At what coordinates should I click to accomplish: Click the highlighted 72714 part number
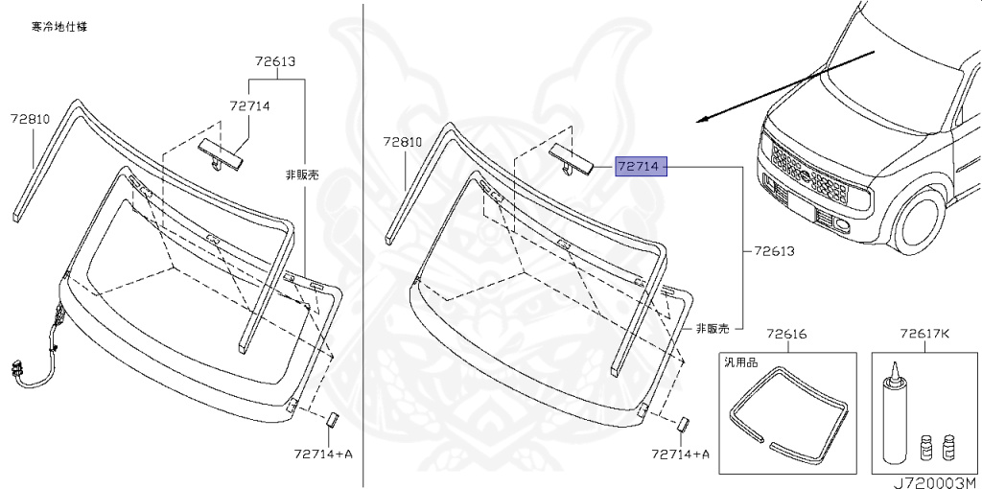pyautogui.click(x=639, y=166)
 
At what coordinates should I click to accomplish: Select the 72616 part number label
pyautogui.click(x=786, y=335)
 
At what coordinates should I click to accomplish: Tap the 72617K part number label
pyautogui.click(x=924, y=335)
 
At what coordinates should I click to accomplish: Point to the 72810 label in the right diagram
pyautogui.click(x=403, y=141)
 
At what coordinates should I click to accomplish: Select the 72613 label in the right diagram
pyautogui.click(x=774, y=251)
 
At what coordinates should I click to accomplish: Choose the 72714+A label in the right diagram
pyautogui.click(x=680, y=454)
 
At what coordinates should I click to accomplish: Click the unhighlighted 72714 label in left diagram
pyautogui.click(x=249, y=105)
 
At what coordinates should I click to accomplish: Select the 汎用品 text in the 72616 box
pyautogui.click(x=739, y=364)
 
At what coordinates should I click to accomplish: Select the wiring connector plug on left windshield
pyautogui.click(x=16, y=369)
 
